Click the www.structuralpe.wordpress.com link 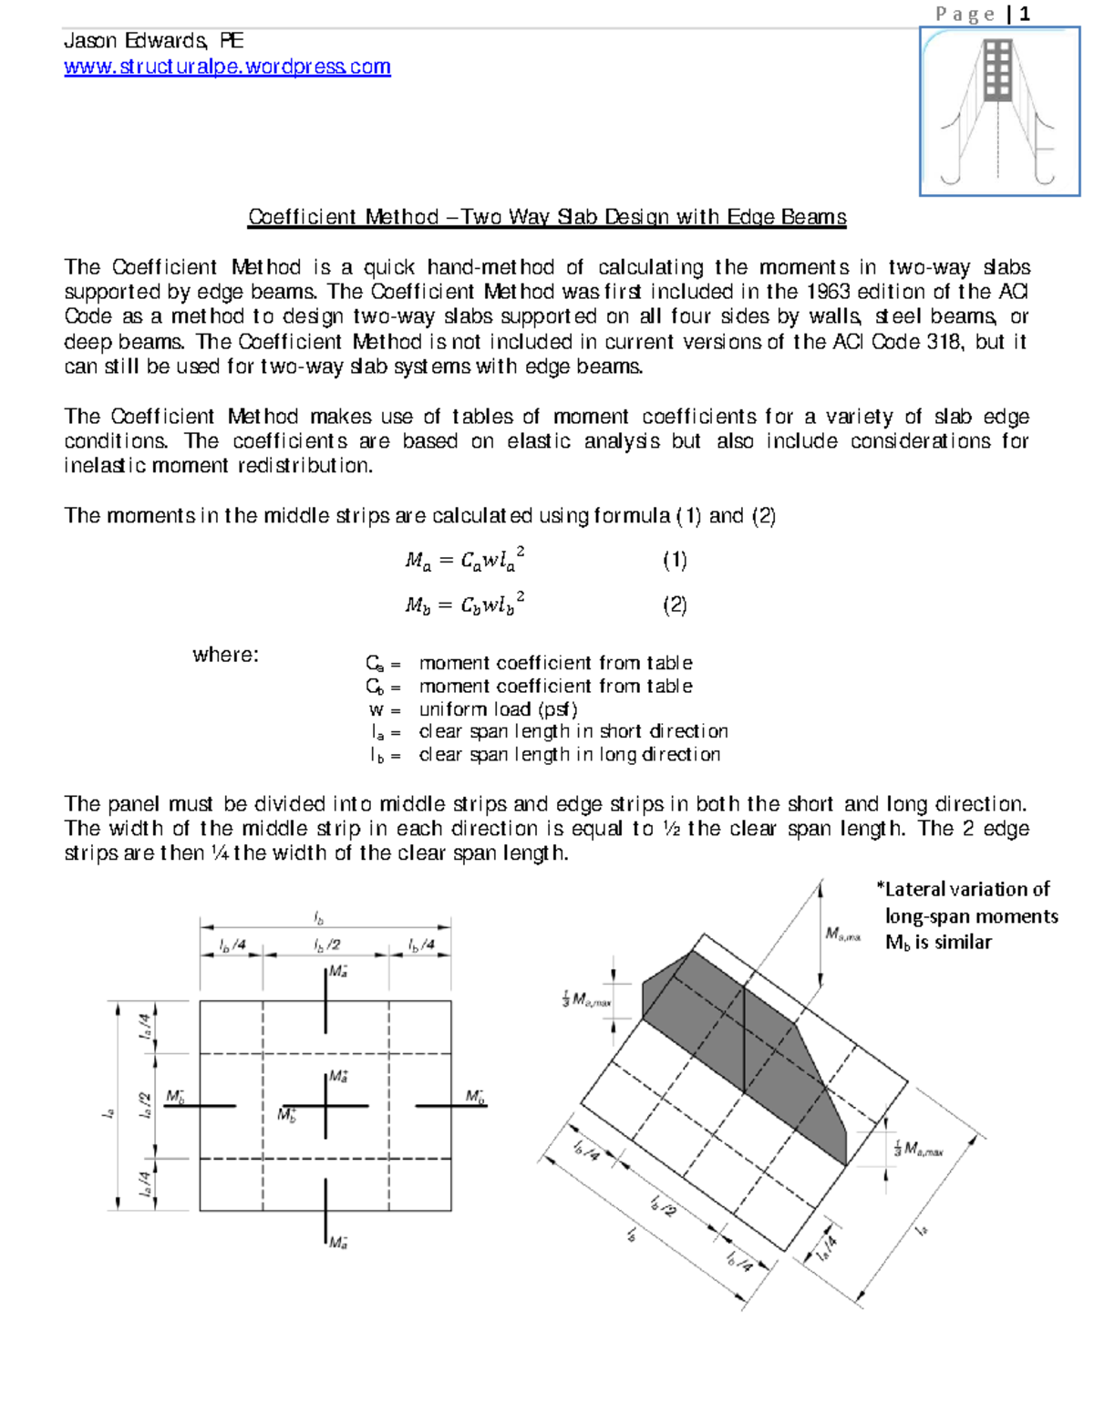(x=227, y=67)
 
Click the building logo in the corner (x=999, y=111)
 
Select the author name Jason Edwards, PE (x=153, y=41)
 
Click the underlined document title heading (x=547, y=217)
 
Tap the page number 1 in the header (x=1025, y=14)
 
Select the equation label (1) (x=675, y=560)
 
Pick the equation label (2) (x=675, y=605)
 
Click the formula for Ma (x=465, y=560)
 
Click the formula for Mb (x=465, y=605)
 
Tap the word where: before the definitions (x=225, y=655)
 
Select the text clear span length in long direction (x=570, y=755)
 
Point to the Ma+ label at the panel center (x=338, y=1077)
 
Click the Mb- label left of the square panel (x=175, y=1096)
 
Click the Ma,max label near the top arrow (x=842, y=934)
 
